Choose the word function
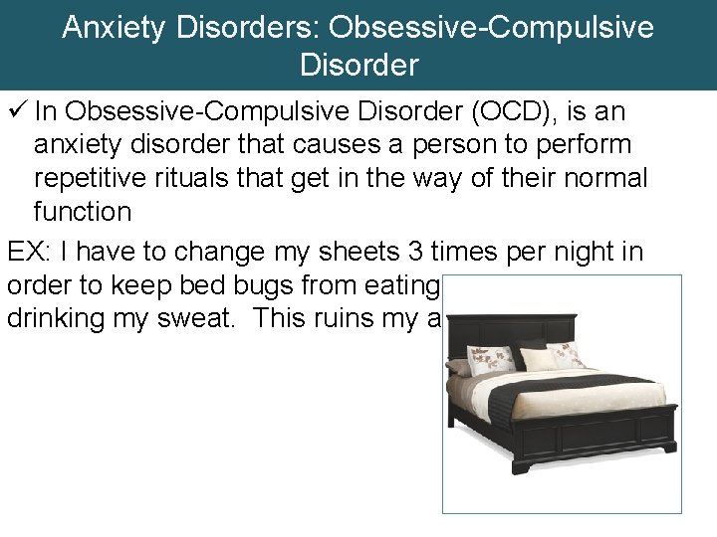[x=82, y=212]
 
